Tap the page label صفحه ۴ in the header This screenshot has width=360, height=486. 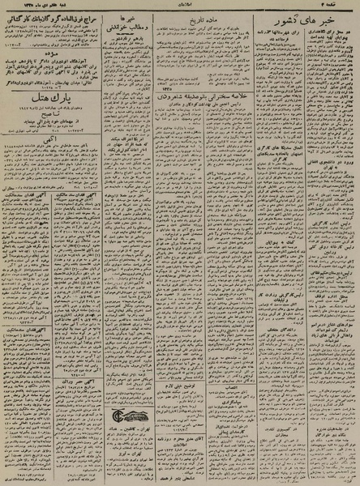344,7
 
